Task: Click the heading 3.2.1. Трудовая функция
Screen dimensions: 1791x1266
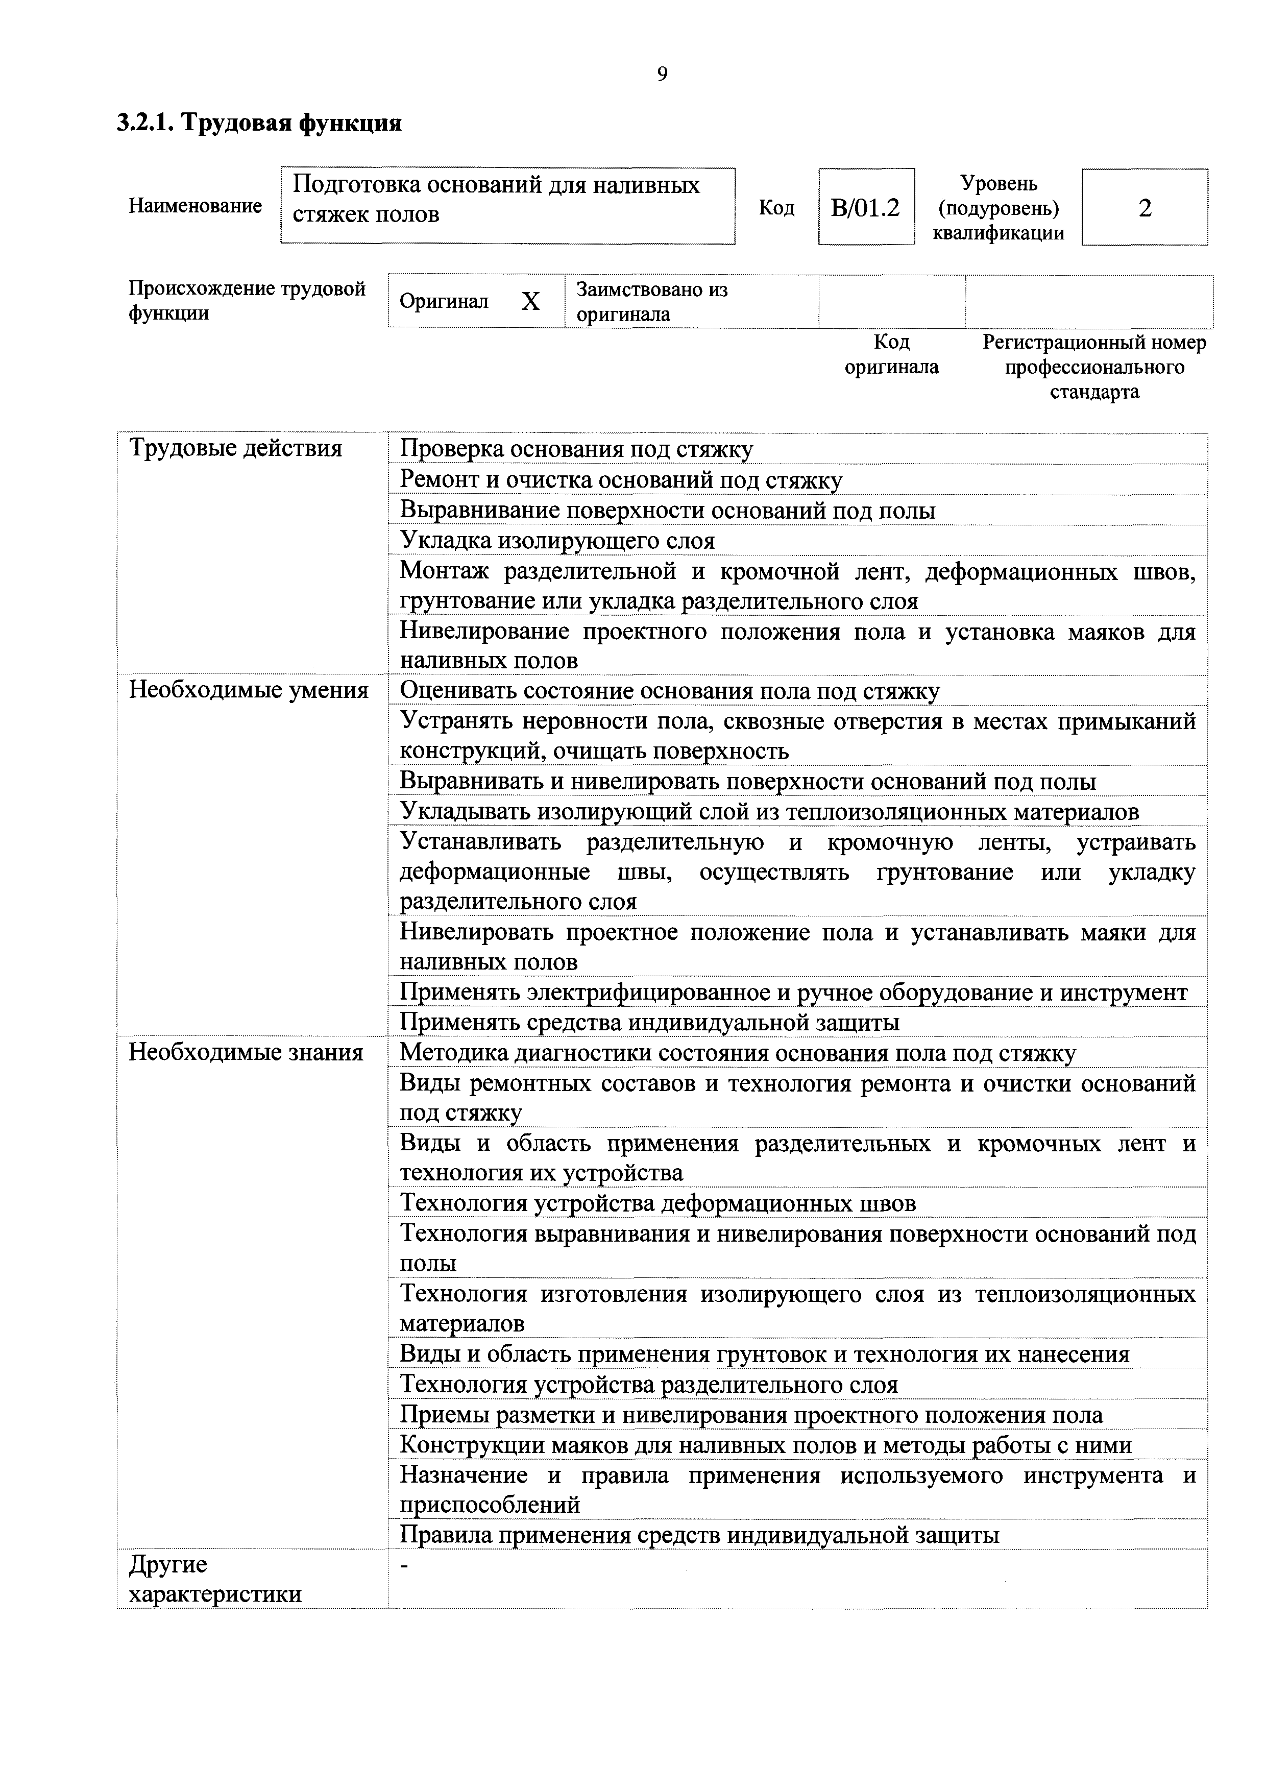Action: pyautogui.click(x=259, y=123)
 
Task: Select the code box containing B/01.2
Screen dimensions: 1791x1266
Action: pyautogui.click(x=866, y=207)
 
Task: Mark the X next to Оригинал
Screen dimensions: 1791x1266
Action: pyautogui.click(x=530, y=302)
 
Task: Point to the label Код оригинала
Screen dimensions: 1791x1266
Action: pyautogui.click(x=892, y=354)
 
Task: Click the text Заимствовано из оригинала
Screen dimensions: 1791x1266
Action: pyautogui.click(x=651, y=302)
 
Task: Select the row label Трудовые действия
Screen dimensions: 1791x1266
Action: pyautogui.click(x=235, y=449)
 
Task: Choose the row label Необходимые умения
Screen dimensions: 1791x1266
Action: pyautogui.click(x=248, y=690)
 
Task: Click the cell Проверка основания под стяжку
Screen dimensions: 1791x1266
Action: pyautogui.click(x=576, y=449)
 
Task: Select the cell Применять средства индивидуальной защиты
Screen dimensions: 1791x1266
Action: pyautogui.click(x=649, y=1022)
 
